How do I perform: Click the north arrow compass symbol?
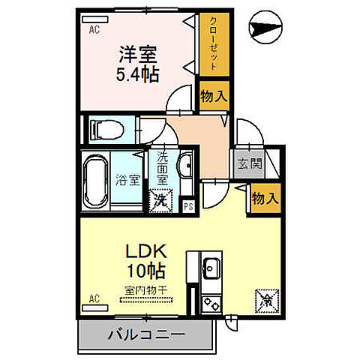pyautogui.click(x=267, y=28)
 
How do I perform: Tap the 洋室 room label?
pyautogui.click(x=139, y=55)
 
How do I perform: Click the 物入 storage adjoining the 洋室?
pyautogui.click(x=214, y=95)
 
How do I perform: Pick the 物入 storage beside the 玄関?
pyautogui.click(x=265, y=199)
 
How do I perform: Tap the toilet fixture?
pyautogui.click(x=106, y=129)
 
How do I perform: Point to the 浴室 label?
pyautogui.click(x=127, y=180)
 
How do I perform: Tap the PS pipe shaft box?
pyautogui.click(x=188, y=204)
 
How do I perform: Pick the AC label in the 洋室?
pyautogui.click(x=94, y=30)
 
